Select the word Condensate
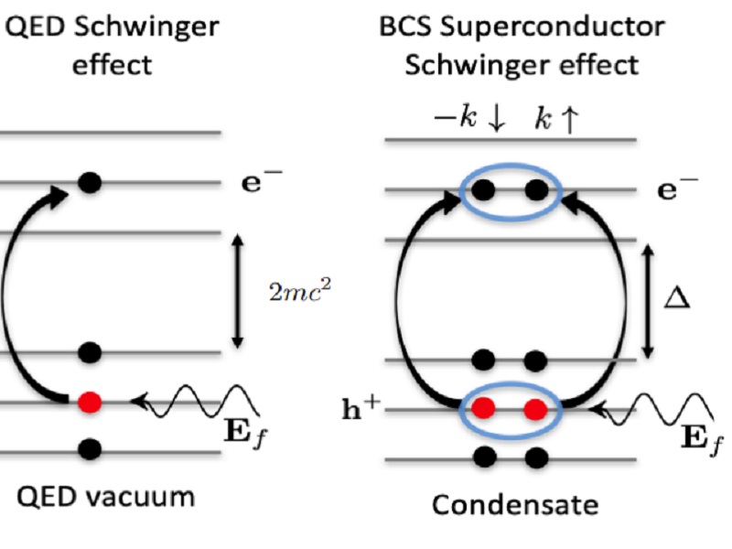pos(514,504)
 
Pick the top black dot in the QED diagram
pos(89,182)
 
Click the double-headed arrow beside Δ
pos(648,301)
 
